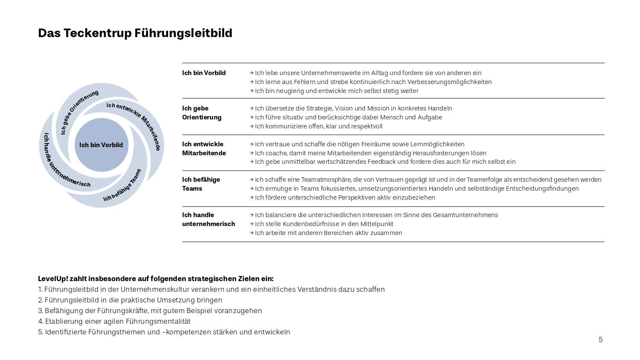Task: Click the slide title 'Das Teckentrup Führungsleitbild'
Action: point(135,33)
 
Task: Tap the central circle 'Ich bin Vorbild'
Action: point(101,145)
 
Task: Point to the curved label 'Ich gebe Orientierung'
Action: point(78,111)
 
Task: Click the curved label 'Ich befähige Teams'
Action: point(123,186)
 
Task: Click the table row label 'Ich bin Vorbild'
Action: point(204,73)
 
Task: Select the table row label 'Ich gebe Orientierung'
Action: point(202,113)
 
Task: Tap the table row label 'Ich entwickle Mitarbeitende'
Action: point(204,148)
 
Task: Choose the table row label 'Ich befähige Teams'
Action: point(201,184)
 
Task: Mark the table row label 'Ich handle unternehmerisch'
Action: point(208,219)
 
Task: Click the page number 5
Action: point(600,340)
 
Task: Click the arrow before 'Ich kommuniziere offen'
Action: point(252,126)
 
